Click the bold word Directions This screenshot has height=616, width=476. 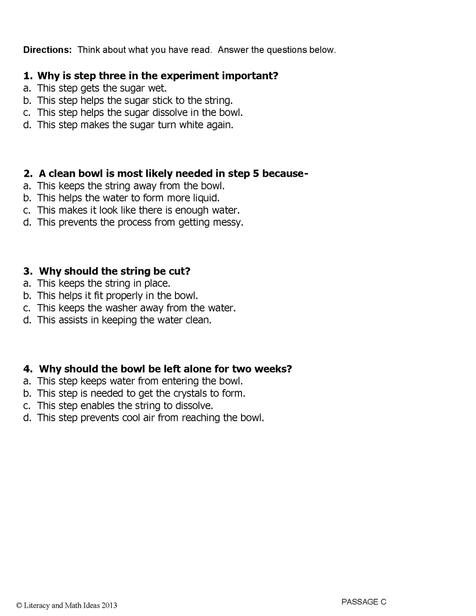pyautogui.click(x=47, y=50)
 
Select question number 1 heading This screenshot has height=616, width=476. pyautogui.click(x=151, y=76)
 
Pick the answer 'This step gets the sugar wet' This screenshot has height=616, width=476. pyautogui.click(x=102, y=88)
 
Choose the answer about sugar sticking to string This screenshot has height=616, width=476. pyautogui.click(x=134, y=100)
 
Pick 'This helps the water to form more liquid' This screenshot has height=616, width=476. pyautogui.click(x=128, y=198)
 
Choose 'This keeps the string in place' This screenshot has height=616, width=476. pyautogui.click(x=104, y=283)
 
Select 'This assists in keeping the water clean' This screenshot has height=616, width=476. pyautogui.click(x=124, y=320)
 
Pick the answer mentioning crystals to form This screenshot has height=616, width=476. pyautogui.click(x=141, y=393)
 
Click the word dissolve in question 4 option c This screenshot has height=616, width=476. pyautogui.click(x=193, y=405)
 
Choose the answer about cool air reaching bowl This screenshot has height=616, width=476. pyautogui.click(x=150, y=418)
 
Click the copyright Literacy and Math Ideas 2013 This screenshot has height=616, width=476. pyautogui.click(x=67, y=605)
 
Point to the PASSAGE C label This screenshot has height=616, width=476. pyautogui.click(x=364, y=602)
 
